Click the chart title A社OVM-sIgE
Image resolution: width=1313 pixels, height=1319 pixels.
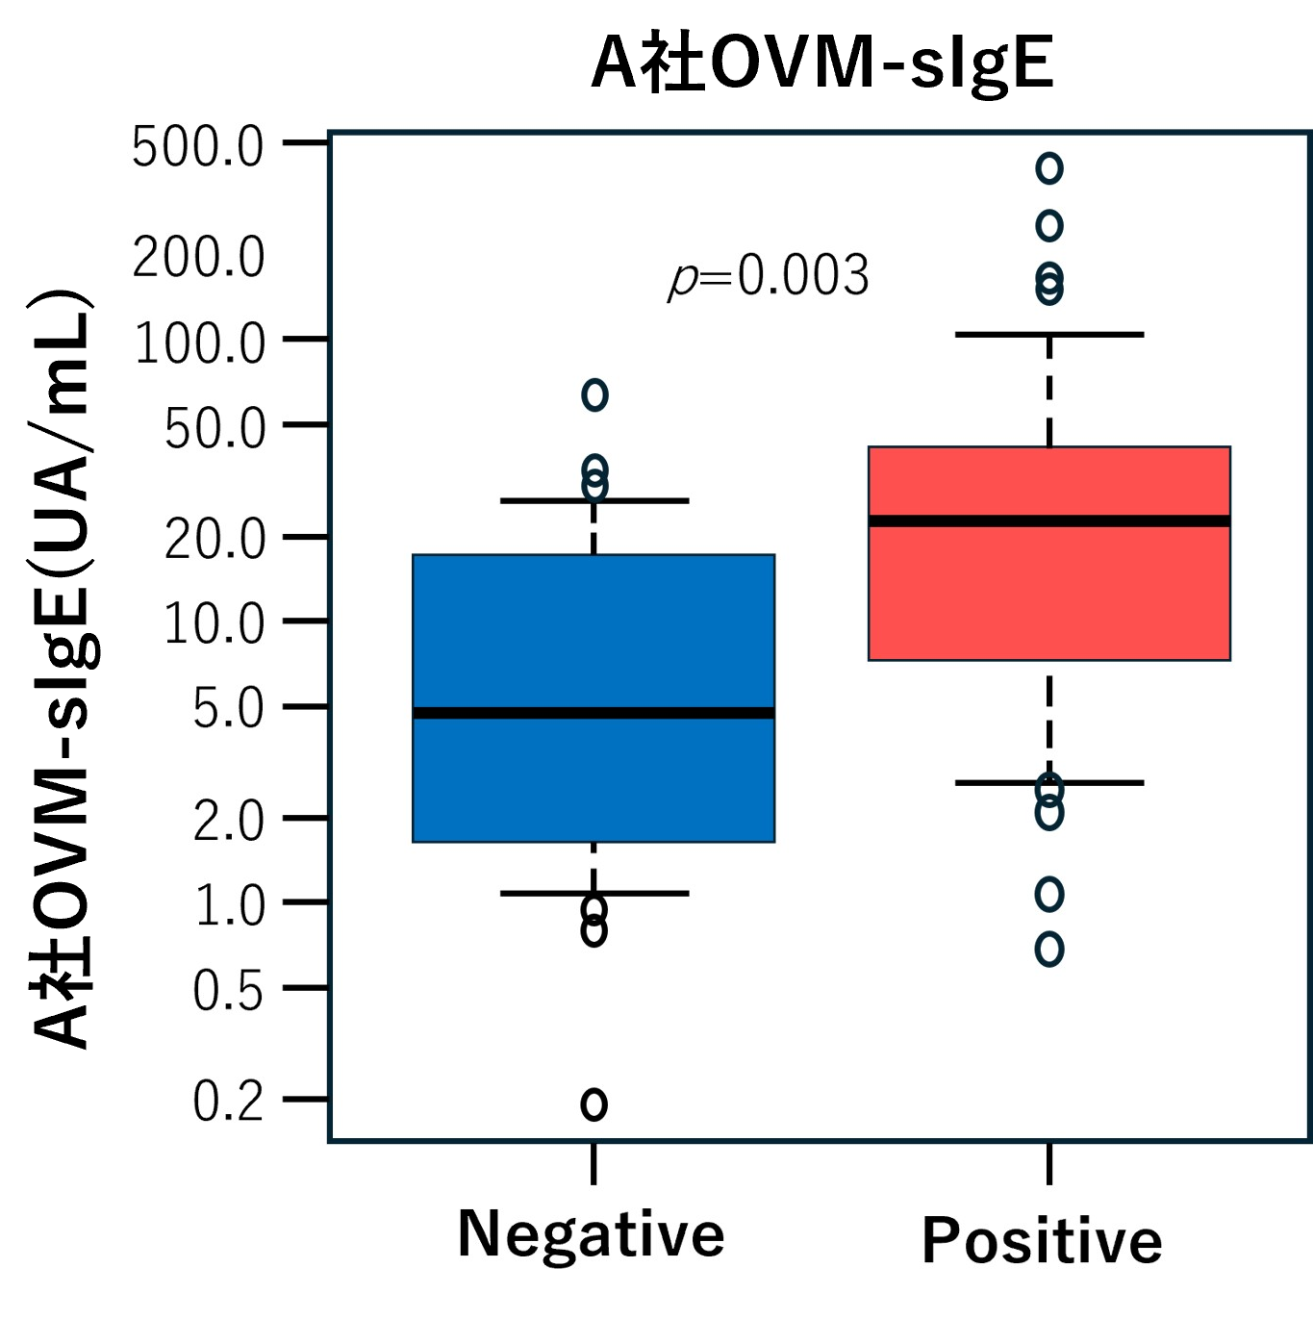822,63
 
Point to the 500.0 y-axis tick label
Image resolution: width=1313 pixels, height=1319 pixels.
197,148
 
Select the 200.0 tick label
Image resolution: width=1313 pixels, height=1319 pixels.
197,258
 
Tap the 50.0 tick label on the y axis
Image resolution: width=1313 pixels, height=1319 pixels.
215,429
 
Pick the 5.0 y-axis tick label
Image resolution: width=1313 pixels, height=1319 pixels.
228,709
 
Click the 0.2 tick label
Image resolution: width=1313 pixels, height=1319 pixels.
228,1101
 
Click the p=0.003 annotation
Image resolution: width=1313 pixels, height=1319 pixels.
769,276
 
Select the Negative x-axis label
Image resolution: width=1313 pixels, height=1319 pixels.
591,1233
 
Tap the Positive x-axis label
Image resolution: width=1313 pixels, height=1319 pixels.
1042,1240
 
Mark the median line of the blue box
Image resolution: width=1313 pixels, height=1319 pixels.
593,713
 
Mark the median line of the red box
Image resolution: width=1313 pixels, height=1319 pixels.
1048,520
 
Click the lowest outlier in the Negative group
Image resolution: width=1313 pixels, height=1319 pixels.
594,1103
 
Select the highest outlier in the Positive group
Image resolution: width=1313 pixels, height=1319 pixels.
1049,168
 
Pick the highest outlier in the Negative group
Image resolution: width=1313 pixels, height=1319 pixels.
594,394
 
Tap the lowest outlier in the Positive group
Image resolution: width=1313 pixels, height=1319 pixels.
1049,950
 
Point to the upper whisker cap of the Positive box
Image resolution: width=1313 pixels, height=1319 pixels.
1048,334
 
